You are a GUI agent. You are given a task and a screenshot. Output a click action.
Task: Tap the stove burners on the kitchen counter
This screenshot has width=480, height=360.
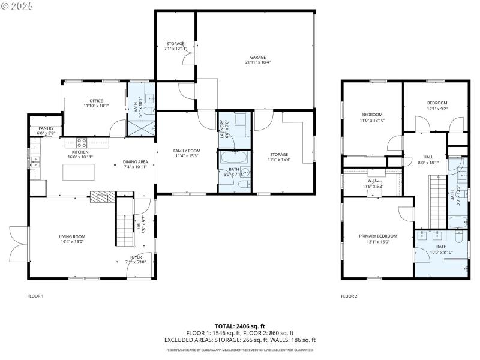(x=81, y=143)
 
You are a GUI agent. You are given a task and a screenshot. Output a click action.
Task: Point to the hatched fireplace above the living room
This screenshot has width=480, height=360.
(x=101, y=197)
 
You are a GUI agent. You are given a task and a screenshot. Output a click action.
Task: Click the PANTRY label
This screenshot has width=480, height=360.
(x=46, y=128)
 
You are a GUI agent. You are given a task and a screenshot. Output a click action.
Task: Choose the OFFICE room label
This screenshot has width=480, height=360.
(x=96, y=101)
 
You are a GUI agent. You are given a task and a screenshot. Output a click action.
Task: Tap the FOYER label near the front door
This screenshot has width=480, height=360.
(x=135, y=257)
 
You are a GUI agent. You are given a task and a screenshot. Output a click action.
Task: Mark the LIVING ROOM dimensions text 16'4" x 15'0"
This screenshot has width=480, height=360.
(x=72, y=242)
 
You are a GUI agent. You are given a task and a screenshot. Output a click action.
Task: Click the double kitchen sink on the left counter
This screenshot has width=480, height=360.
(x=35, y=160)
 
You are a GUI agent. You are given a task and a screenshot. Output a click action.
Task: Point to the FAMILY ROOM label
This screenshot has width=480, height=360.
(x=187, y=151)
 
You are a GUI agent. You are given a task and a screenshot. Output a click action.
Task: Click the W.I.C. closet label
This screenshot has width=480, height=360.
(x=372, y=180)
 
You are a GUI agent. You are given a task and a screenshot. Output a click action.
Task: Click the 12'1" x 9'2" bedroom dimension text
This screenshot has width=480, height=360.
(x=437, y=109)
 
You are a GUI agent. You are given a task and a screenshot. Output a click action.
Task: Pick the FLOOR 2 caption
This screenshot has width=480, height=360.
(x=349, y=296)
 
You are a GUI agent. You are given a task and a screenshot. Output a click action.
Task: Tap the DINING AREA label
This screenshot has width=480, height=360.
(x=135, y=161)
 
